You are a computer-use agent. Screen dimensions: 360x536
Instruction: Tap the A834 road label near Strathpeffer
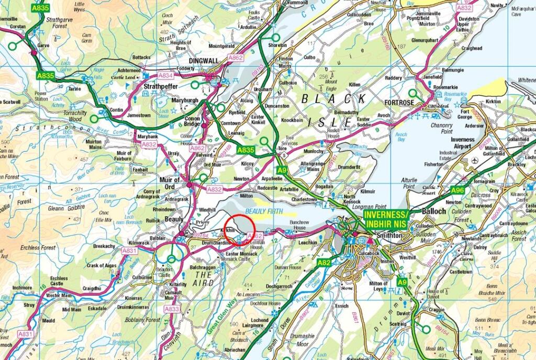(166, 75)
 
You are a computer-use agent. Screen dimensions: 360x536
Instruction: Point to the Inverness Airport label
(462, 143)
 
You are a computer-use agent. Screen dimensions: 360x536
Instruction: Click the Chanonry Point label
(439, 129)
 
